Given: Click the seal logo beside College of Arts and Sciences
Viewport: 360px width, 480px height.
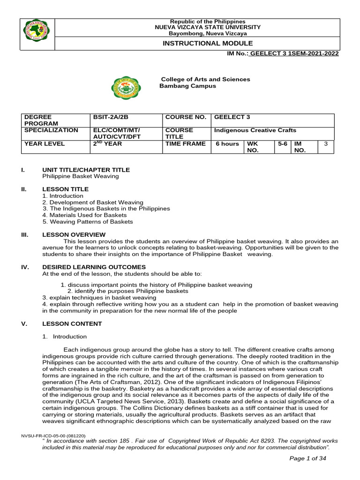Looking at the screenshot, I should coord(125,87).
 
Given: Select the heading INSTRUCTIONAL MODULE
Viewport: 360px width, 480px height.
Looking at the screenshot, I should coord(204,43).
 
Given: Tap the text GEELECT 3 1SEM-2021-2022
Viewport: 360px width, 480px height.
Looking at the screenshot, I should coord(294,54).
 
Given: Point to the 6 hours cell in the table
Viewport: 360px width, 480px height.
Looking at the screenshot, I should coord(227,144).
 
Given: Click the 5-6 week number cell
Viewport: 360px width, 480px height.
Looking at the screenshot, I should coord(282,144).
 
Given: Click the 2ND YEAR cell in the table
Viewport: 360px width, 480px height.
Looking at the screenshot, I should coord(107,144).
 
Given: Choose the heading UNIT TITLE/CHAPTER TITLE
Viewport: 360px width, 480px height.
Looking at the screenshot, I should coord(86,170).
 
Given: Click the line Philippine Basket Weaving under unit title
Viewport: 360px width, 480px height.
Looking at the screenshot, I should coord(80,176).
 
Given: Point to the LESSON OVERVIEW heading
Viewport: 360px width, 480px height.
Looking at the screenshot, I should coord(74,234).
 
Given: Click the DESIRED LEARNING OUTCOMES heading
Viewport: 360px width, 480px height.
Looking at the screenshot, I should coord(94,267).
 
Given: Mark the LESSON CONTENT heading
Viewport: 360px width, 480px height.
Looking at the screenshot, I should coord(72,323).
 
